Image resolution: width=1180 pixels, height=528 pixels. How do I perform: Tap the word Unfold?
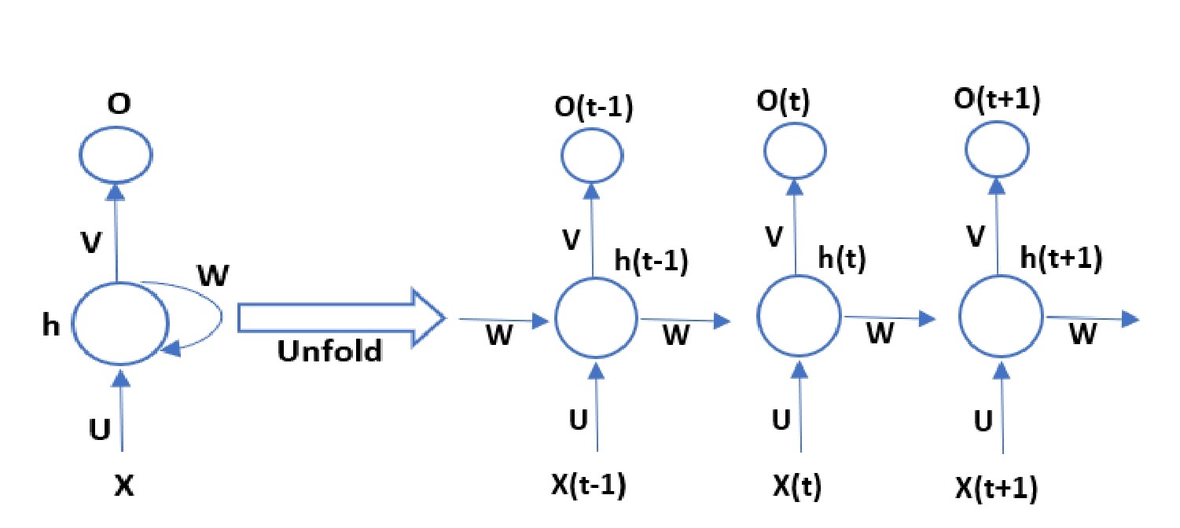pyautogui.click(x=330, y=351)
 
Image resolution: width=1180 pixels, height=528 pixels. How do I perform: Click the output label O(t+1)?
pyautogui.click(x=997, y=102)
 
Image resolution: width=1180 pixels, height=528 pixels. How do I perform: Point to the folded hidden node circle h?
pyautogui.click(x=120, y=324)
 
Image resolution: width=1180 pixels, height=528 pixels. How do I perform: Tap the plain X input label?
pyautogui.click(x=123, y=487)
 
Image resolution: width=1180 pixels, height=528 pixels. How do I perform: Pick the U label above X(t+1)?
pyautogui.click(x=983, y=421)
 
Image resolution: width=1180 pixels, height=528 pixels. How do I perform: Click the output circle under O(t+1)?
pyautogui.click(x=998, y=153)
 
